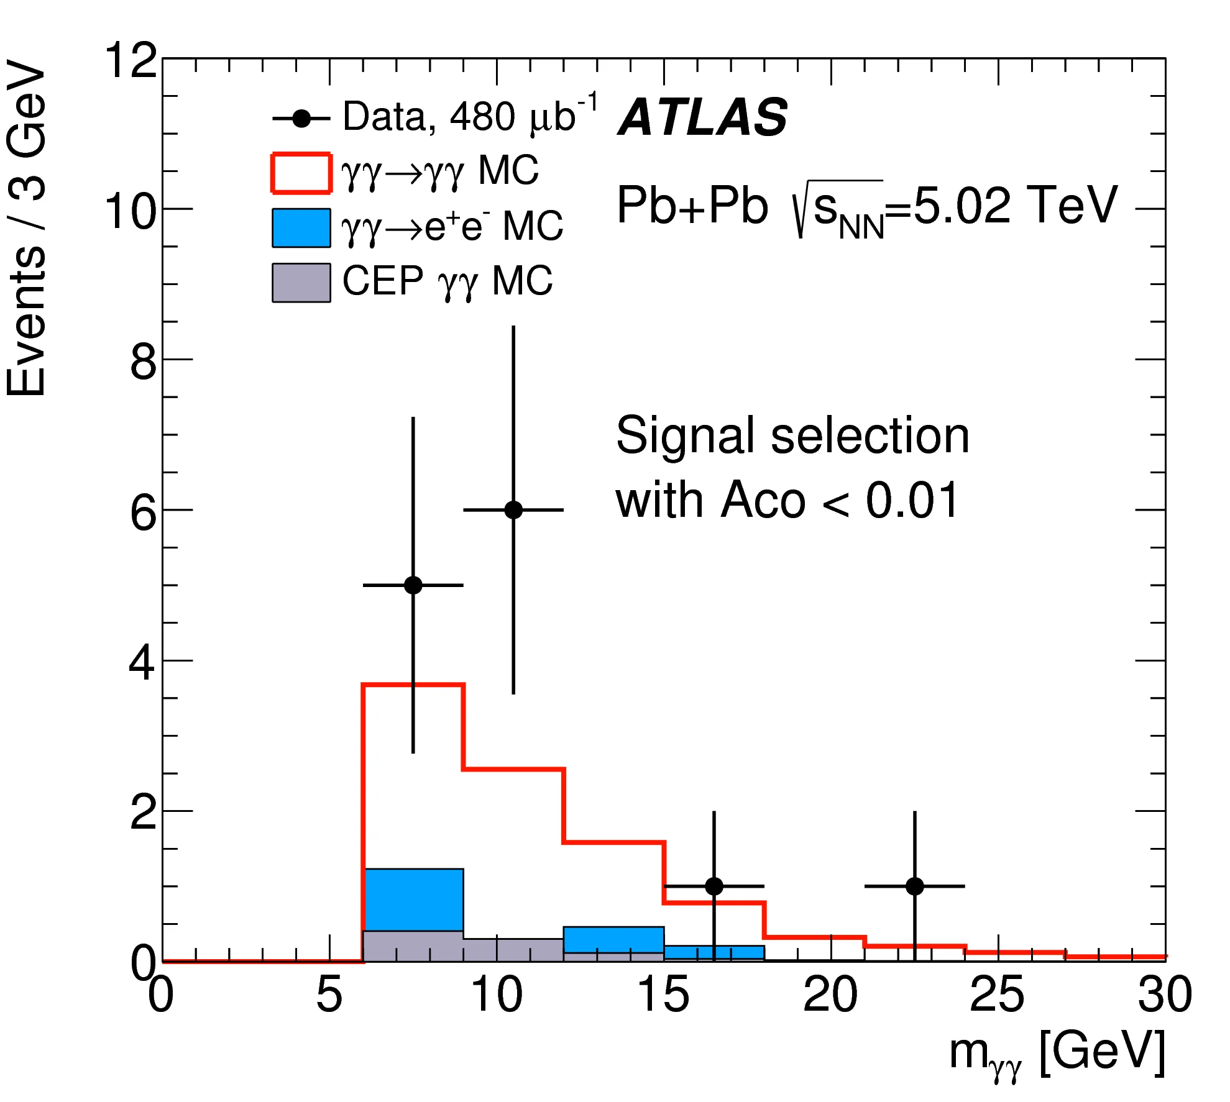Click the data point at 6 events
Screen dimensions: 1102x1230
(513, 510)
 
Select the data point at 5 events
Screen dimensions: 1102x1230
(413, 585)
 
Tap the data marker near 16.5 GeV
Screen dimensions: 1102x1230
(714, 886)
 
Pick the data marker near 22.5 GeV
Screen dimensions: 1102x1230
(914, 886)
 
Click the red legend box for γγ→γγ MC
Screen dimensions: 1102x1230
(301, 173)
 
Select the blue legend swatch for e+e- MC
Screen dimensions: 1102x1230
(301, 228)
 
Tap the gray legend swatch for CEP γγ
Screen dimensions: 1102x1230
(301, 283)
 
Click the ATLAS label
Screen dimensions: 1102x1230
(703, 117)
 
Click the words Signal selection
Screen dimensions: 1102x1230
(792, 435)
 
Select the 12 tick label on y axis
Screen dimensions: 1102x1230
(131, 61)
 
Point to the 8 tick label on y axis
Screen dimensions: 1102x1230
(143, 362)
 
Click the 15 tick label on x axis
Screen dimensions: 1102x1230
(663, 995)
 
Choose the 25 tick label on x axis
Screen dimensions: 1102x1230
(997, 995)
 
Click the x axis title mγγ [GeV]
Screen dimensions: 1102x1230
(1057, 1052)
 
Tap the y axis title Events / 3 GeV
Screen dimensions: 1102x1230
(26, 227)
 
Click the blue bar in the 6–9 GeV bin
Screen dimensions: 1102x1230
(413, 899)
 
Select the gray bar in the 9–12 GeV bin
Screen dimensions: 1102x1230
(513, 950)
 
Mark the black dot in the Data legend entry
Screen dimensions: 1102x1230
(301, 119)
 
